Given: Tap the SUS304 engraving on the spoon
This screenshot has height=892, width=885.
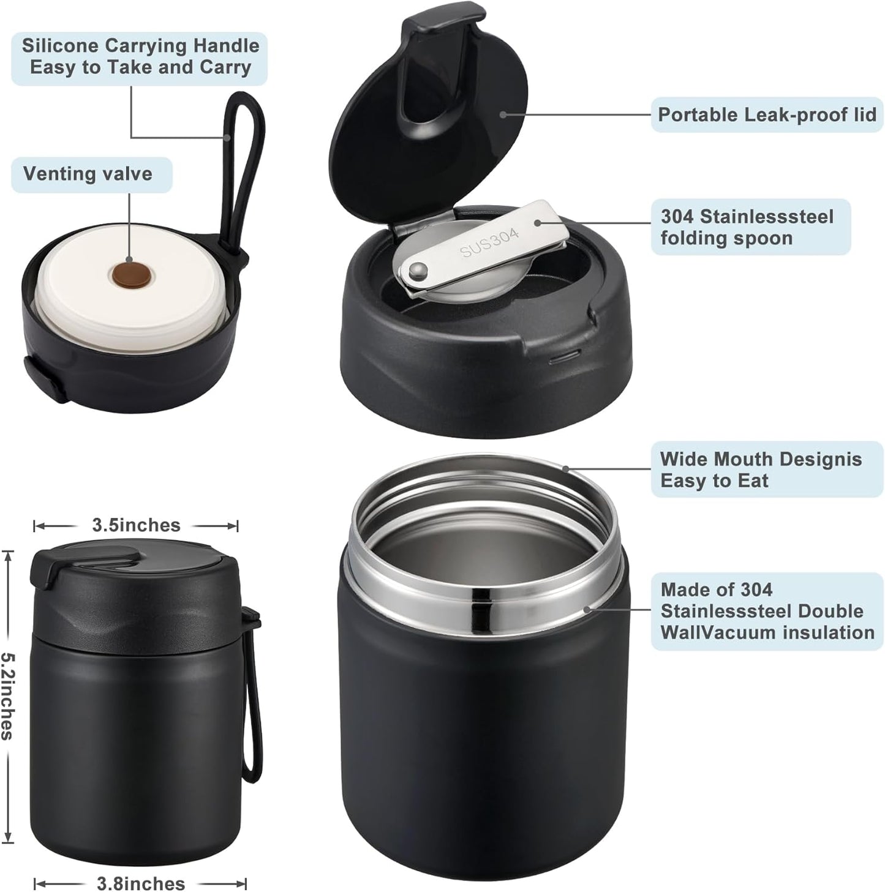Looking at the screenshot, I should pos(490,242).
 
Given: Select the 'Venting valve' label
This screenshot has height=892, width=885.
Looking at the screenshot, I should pos(88,174).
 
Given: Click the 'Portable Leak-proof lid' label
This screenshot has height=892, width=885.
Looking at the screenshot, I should pos(766,114).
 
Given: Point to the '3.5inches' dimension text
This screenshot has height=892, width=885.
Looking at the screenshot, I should pos(136,525).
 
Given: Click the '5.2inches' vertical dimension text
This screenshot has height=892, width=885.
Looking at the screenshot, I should pos(7,695).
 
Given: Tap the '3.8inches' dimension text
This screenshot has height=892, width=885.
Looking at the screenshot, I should pos(141,883).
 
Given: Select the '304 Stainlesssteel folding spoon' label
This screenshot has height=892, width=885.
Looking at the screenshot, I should pos(747,227).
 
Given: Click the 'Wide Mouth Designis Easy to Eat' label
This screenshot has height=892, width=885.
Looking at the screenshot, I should pos(761,470).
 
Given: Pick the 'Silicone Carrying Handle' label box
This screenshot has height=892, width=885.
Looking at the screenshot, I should pos(140,56).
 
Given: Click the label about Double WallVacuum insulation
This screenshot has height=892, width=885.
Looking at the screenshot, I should pos(767,611).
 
